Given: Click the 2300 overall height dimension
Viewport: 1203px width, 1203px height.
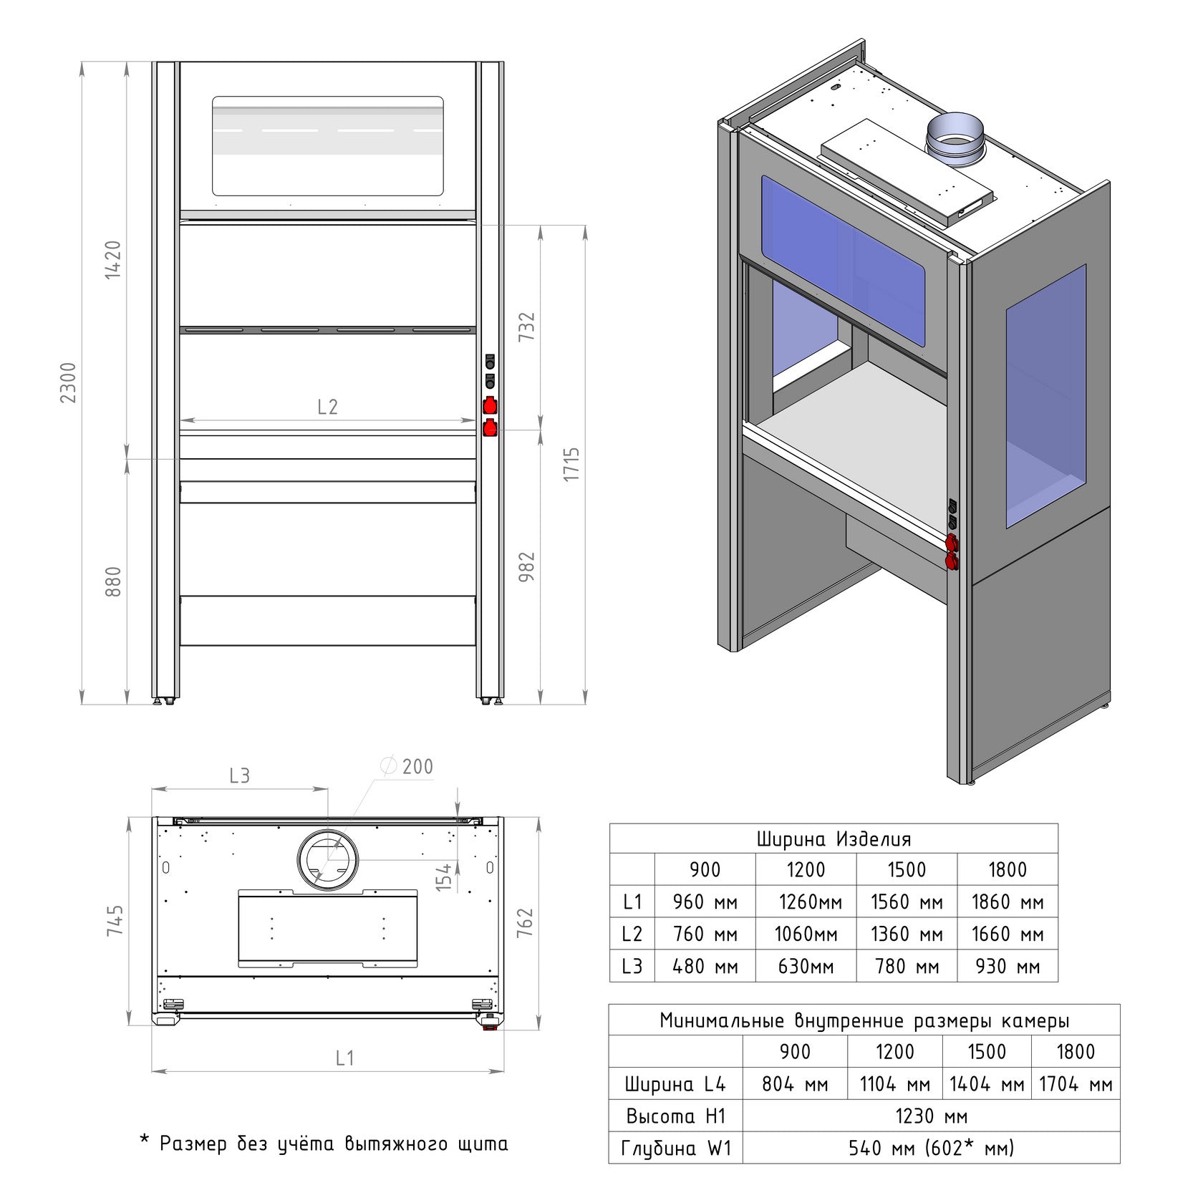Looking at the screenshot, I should tap(68, 383).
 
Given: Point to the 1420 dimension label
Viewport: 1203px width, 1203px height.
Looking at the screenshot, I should tap(113, 260).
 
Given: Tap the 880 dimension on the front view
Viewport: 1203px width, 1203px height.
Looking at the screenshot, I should tap(113, 581).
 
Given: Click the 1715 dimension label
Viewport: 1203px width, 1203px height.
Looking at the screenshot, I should tap(571, 464).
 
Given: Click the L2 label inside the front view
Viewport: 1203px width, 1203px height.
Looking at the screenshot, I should tap(327, 407).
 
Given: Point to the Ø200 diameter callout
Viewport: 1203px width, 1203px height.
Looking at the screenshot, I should tap(409, 767).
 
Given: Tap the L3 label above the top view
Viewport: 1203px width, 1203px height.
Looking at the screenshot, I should tap(239, 776).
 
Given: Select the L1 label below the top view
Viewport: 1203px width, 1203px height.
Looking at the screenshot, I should tap(345, 1058).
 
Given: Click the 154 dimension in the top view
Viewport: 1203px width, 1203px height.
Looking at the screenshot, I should tap(444, 877).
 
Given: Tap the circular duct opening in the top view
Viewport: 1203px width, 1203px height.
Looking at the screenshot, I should tap(327, 861).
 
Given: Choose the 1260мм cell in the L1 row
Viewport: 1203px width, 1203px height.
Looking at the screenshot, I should tap(806, 902).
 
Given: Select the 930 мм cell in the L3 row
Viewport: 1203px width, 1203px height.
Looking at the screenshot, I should tap(1008, 967).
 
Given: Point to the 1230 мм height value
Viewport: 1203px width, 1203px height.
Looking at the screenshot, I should tap(931, 1116).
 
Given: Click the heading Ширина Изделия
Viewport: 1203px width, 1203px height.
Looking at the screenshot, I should tap(834, 839).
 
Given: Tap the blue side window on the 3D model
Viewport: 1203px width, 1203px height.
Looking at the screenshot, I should tap(1046, 397).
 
